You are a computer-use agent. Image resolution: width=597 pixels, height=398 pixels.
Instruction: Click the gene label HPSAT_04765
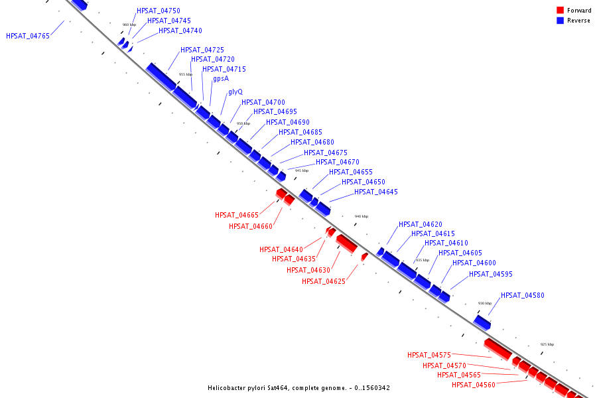(x=28, y=36)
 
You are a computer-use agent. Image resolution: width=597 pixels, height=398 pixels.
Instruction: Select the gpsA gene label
(x=221, y=79)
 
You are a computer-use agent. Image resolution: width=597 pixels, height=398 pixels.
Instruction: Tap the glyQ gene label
(x=235, y=92)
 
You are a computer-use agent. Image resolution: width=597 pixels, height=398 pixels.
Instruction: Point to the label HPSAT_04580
(x=522, y=296)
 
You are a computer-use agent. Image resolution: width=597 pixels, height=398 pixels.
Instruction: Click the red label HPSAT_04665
(x=237, y=216)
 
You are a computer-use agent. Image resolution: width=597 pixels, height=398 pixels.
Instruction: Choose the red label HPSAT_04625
(x=324, y=282)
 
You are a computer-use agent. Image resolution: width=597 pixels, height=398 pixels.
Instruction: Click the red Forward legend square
(x=560, y=11)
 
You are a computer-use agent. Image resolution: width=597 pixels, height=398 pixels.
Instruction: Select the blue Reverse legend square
(x=560, y=21)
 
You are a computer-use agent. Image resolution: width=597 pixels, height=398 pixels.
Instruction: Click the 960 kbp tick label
(x=129, y=25)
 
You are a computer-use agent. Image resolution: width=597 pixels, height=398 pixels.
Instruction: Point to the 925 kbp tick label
(x=547, y=345)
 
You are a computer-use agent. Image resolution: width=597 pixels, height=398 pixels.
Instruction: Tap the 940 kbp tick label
(x=361, y=217)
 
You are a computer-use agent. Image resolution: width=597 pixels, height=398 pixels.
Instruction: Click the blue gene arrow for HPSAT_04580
(x=482, y=322)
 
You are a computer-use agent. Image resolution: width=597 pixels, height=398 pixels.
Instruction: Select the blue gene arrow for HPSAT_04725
(x=161, y=76)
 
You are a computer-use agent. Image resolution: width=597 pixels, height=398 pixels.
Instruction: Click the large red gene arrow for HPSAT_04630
(x=346, y=243)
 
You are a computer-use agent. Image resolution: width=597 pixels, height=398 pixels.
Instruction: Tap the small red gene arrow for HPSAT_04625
(x=364, y=256)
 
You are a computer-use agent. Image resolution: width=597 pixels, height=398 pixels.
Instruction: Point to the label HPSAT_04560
(x=474, y=385)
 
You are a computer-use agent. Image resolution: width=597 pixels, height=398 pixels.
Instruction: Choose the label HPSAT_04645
(x=376, y=192)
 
